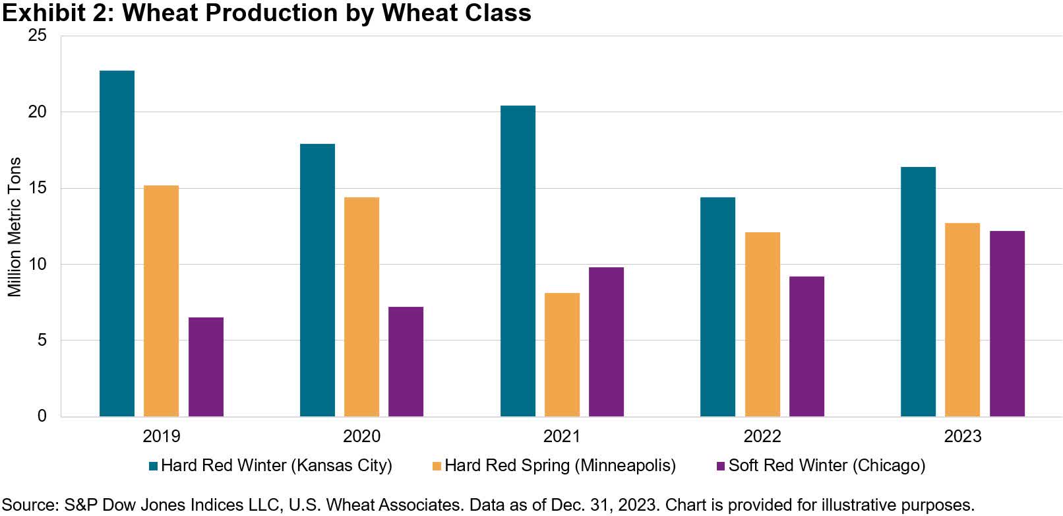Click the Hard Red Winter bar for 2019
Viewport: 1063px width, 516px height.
[x=117, y=243]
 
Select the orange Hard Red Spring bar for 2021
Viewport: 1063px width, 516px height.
[x=562, y=354]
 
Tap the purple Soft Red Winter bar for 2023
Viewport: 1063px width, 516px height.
[x=1007, y=323]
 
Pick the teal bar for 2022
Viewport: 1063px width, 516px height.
[x=717, y=307]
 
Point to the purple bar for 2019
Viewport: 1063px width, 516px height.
[x=206, y=367]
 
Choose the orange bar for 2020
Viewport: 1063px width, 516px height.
[x=361, y=307]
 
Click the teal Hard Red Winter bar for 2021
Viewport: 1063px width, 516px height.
[x=518, y=261]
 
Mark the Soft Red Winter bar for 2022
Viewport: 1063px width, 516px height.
[x=806, y=346]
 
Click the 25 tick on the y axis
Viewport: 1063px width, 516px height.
[x=38, y=36]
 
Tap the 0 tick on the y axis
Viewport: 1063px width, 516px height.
[x=42, y=416]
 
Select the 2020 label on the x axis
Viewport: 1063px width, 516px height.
[x=361, y=436]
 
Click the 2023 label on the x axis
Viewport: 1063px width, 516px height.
[x=962, y=436]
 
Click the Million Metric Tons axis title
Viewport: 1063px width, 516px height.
[x=15, y=227]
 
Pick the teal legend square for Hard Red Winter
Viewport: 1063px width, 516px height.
[x=154, y=466]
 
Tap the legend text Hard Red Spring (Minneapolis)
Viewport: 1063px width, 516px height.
[x=560, y=465]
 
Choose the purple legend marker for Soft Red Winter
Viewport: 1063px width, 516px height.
[x=721, y=466]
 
